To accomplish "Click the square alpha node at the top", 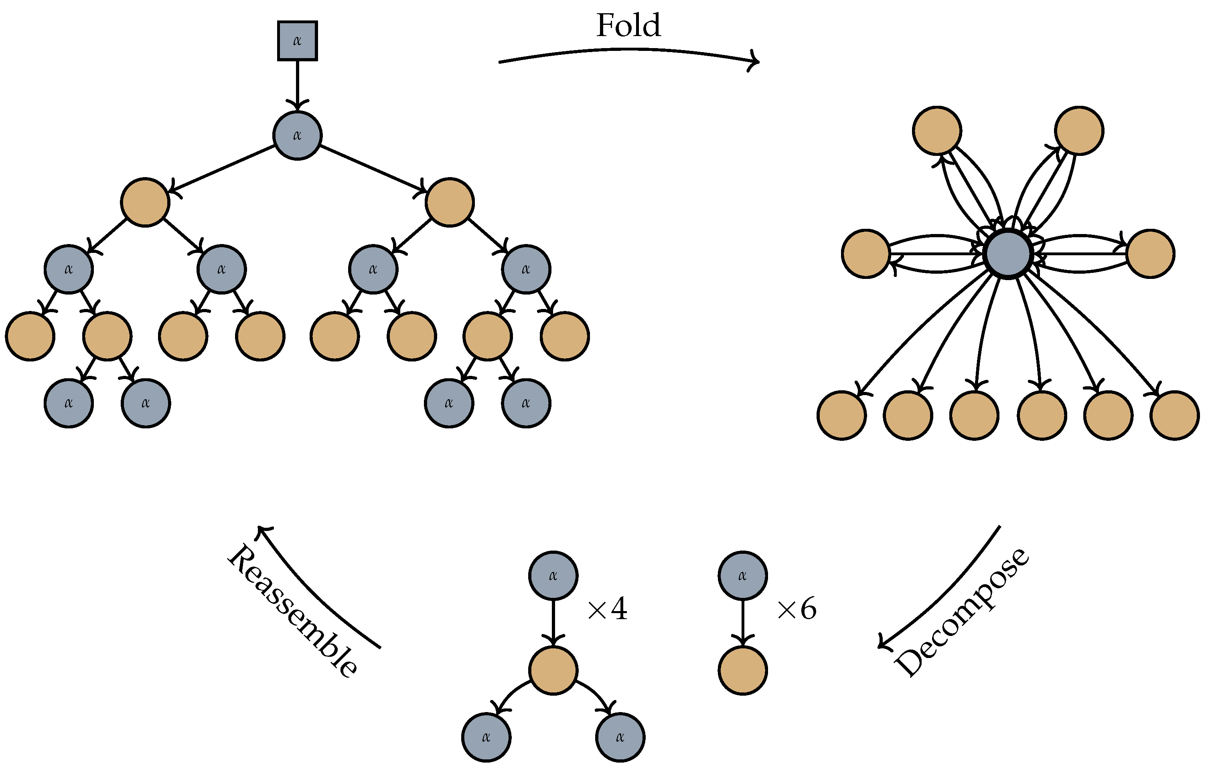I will (297, 41).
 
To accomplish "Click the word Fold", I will (628, 25).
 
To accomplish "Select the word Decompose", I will (962, 612).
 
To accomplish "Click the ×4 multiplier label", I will (607, 609).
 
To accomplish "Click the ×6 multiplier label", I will (797, 609).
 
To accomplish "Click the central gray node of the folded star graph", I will (1008, 254).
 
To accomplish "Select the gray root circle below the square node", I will (297, 135).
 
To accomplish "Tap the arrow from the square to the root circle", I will (297, 83).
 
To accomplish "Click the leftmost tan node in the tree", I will (30, 336).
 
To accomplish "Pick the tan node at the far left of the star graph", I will (865, 254).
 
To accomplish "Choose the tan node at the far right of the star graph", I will (1150, 254).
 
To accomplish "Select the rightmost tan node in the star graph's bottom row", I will (1174, 415).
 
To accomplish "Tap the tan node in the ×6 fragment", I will (742, 670).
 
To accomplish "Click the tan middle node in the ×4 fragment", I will (553, 670).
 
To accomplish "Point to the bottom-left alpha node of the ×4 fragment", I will (486, 737).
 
